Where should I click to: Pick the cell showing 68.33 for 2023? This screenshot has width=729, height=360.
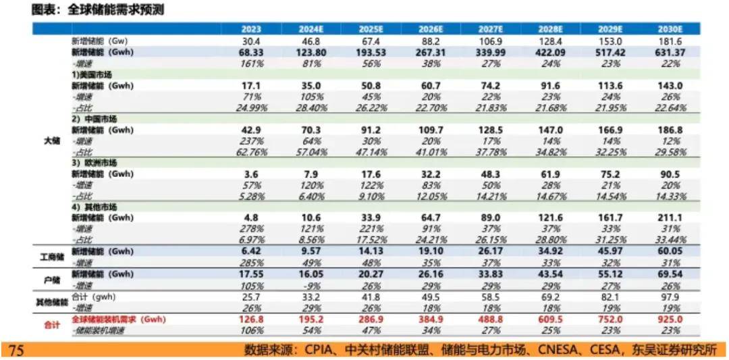tap(250, 52)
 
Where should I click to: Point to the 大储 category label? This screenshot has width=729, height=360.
tap(51, 141)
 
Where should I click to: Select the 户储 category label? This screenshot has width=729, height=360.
tap(51, 280)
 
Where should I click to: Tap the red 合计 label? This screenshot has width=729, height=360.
tap(51, 325)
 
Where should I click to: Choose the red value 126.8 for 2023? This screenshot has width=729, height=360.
tap(250, 319)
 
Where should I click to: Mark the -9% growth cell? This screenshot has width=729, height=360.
tap(310, 285)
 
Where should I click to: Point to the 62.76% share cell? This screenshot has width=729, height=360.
tap(250, 153)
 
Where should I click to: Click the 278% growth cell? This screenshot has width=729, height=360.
tap(250, 230)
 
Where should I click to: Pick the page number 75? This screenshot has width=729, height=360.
tap(17, 349)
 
